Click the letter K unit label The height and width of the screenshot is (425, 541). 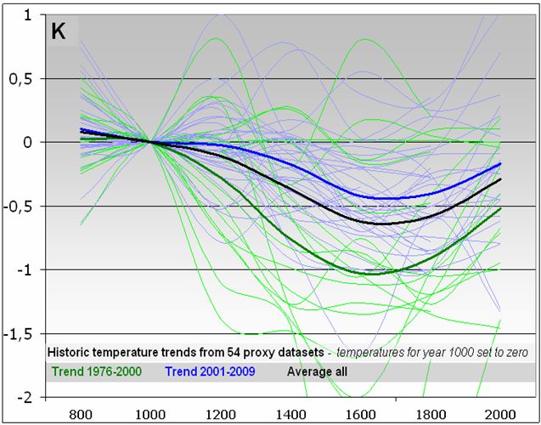pyautogui.click(x=59, y=32)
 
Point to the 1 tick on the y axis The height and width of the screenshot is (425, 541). pyautogui.click(x=27, y=15)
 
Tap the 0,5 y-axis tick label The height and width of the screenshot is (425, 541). pyautogui.click(x=22, y=79)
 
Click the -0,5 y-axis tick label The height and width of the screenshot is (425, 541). pyautogui.click(x=20, y=207)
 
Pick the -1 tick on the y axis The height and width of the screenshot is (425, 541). pyautogui.click(x=25, y=270)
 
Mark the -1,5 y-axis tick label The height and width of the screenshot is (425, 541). pyautogui.click(x=20, y=334)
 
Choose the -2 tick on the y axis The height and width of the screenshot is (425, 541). pyautogui.click(x=25, y=398)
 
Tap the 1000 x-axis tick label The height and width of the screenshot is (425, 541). pyautogui.click(x=150, y=414)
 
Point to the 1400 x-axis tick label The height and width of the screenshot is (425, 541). pyautogui.click(x=290, y=414)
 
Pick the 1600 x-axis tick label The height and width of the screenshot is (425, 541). pyautogui.click(x=360, y=414)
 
